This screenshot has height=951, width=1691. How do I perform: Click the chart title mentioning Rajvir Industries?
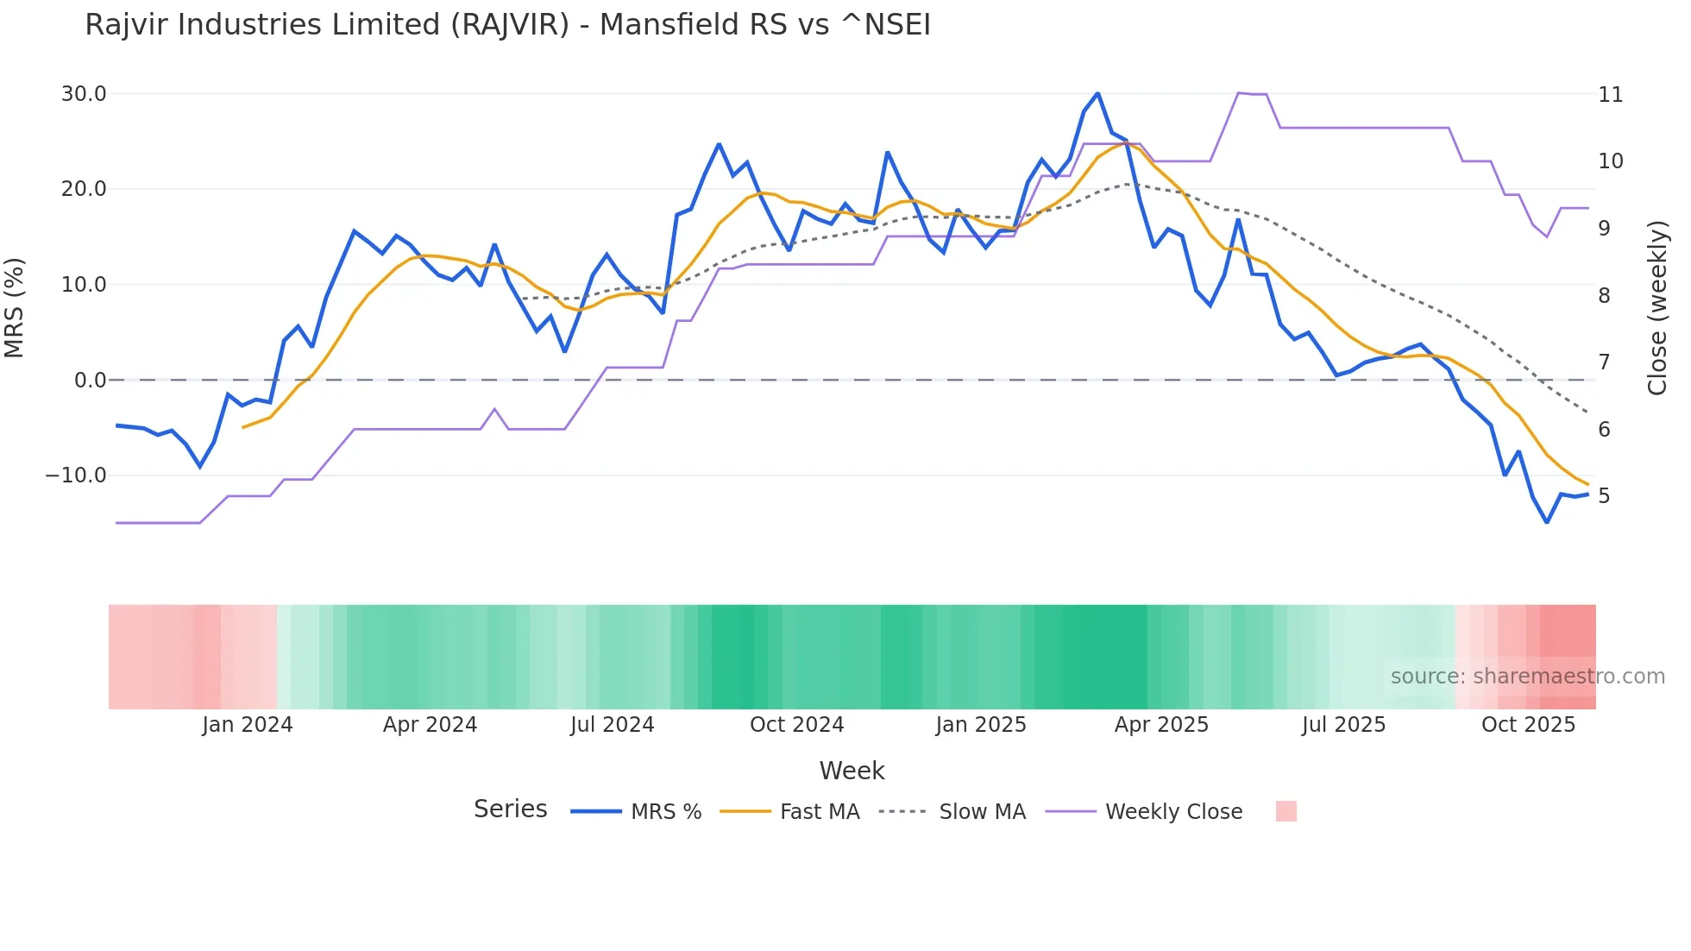point(507,25)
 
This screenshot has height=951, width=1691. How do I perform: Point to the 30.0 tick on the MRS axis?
point(84,94)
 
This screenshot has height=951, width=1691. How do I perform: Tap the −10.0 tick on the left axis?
point(76,475)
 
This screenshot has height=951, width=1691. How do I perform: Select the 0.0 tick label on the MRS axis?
point(90,381)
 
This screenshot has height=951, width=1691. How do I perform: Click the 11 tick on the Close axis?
point(1610,95)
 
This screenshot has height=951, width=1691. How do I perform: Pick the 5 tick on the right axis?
point(1604,496)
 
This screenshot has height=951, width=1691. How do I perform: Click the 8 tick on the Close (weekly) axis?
point(1604,296)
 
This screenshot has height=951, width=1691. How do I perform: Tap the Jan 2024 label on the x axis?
point(248,725)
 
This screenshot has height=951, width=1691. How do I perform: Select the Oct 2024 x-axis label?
point(796,725)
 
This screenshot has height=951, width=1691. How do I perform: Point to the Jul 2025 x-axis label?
point(1343,725)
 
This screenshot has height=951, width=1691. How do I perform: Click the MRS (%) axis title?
point(15,307)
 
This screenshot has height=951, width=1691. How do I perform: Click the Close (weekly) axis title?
point(1657,308)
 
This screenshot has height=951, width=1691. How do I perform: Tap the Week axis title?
point(852,771)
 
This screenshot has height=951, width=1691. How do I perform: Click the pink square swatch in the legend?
point(1286,811)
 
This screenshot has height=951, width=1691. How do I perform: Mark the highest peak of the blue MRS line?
point(1097,93)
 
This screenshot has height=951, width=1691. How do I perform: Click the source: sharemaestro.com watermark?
point(1527,677)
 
